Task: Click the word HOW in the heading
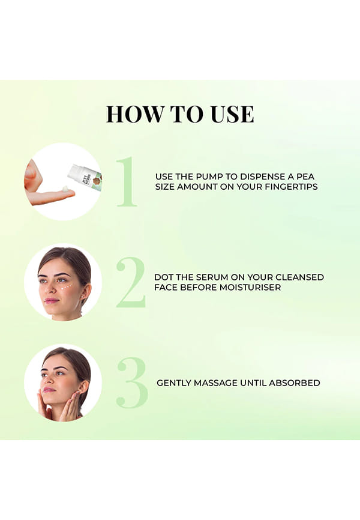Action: (x=134, y=114)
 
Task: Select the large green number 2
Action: (x=131, y=282)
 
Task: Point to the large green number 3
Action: (x=132, y=382)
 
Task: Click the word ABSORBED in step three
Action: (x=295, y=383)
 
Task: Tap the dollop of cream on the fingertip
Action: (x=66, y=189)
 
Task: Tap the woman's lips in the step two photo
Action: (x=51, y=300)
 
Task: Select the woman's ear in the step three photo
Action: (x=84, y=388)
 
